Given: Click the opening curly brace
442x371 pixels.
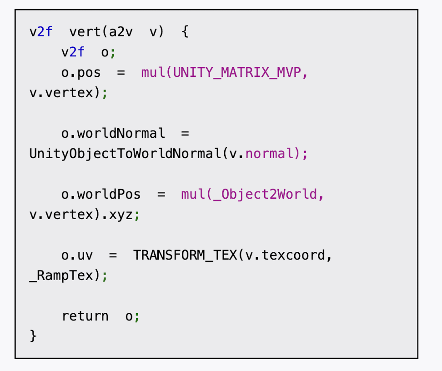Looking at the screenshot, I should click(x=185, y=32).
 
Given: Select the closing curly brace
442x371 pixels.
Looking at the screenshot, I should click(x=33, y=336).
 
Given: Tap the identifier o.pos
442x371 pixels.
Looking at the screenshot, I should click(x=81, y=73).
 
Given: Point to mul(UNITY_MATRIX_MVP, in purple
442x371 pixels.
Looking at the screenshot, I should click(x=225, y=73).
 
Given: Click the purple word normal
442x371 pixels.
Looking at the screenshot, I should click(x=269, y=154).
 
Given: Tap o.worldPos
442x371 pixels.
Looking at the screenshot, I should click(x=101, y=194).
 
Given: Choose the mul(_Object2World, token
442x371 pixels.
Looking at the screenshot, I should click(x=252, y=194).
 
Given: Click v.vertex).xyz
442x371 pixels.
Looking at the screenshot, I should click(x=81, y=214).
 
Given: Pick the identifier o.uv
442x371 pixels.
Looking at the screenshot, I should click(x=77, y=255).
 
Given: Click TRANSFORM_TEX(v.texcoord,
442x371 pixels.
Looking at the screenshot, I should click(x=232, y=255).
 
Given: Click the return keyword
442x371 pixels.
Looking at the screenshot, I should click(x=85, y=316).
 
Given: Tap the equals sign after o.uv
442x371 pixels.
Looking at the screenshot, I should click(x=113, y=255).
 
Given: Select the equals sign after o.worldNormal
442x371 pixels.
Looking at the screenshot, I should click(x=185, y=134).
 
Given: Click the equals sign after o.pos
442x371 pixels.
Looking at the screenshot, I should click(x=121, y=73).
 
